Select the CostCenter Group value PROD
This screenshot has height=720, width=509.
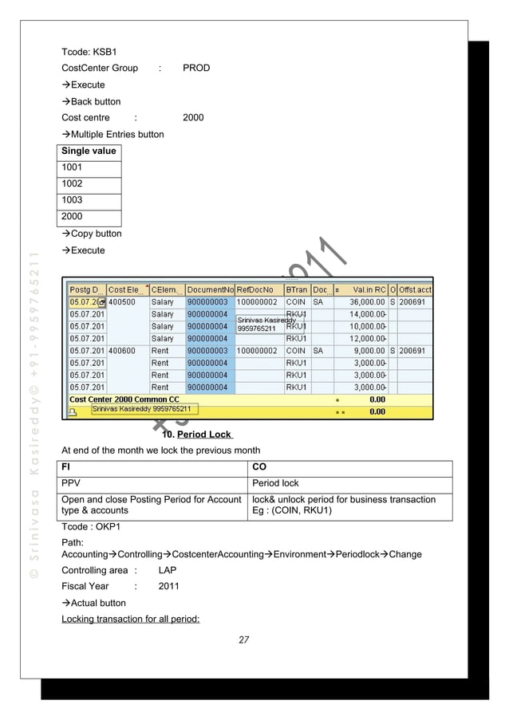pos(196,68)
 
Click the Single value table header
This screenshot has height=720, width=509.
pos(89,151)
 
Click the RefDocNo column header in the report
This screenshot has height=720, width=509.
pos(255,289)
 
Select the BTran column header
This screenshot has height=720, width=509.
pos(296,289)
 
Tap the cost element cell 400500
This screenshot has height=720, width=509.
pos(122,302)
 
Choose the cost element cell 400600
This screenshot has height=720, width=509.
pos(122,350)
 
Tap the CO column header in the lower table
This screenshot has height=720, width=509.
pos(259,466)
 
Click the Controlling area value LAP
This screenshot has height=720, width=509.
pos(168,570)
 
